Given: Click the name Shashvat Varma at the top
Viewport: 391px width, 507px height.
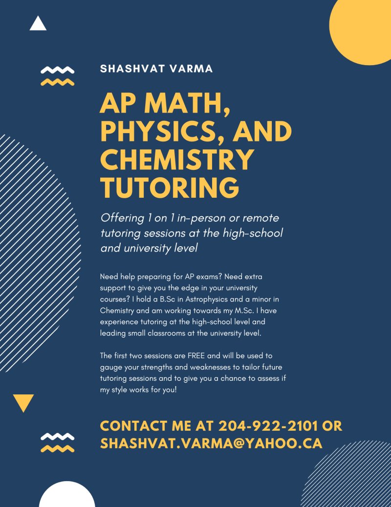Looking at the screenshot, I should coord(156,69).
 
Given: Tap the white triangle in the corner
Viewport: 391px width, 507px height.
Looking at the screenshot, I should coord(38,24).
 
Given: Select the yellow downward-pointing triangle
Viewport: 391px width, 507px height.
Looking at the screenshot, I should coord(23,402).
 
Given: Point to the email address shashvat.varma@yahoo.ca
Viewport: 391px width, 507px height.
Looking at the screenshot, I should coord(211,443).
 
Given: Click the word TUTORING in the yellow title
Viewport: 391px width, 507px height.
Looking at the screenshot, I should coord(170,188).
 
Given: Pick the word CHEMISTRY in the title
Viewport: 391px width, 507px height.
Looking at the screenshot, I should coord(177,160).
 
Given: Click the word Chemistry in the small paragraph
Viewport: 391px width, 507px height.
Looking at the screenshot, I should coord(116,311).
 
